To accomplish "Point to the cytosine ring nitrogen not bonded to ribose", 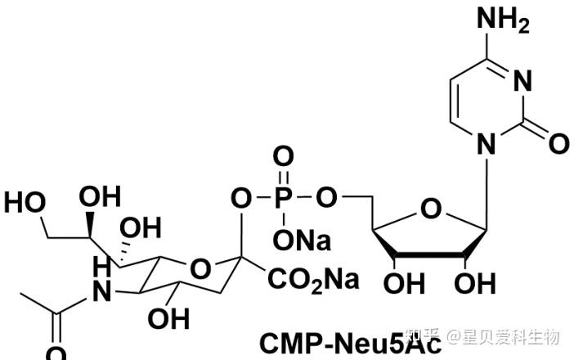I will pos(524,81).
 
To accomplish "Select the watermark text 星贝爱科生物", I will pos(511,336).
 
